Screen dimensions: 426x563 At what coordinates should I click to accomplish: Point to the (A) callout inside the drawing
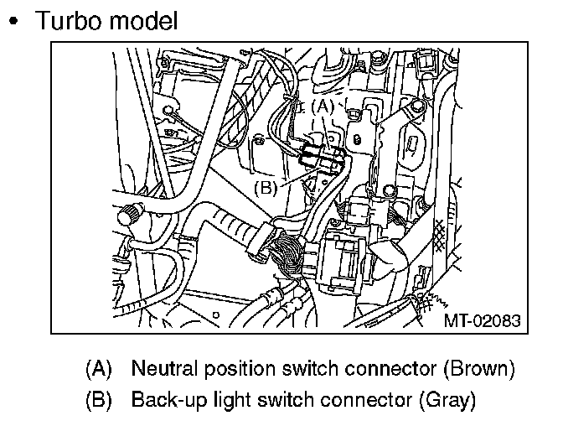click(x=322, y=106)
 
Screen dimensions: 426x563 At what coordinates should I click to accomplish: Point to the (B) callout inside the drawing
click(x=266, y=187)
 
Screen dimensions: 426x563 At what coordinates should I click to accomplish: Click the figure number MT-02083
click(x=481, y=319)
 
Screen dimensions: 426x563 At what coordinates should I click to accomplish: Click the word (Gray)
click(x=446, y=398)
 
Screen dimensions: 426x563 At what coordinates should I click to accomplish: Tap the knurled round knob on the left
click(x=130, y=216)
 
